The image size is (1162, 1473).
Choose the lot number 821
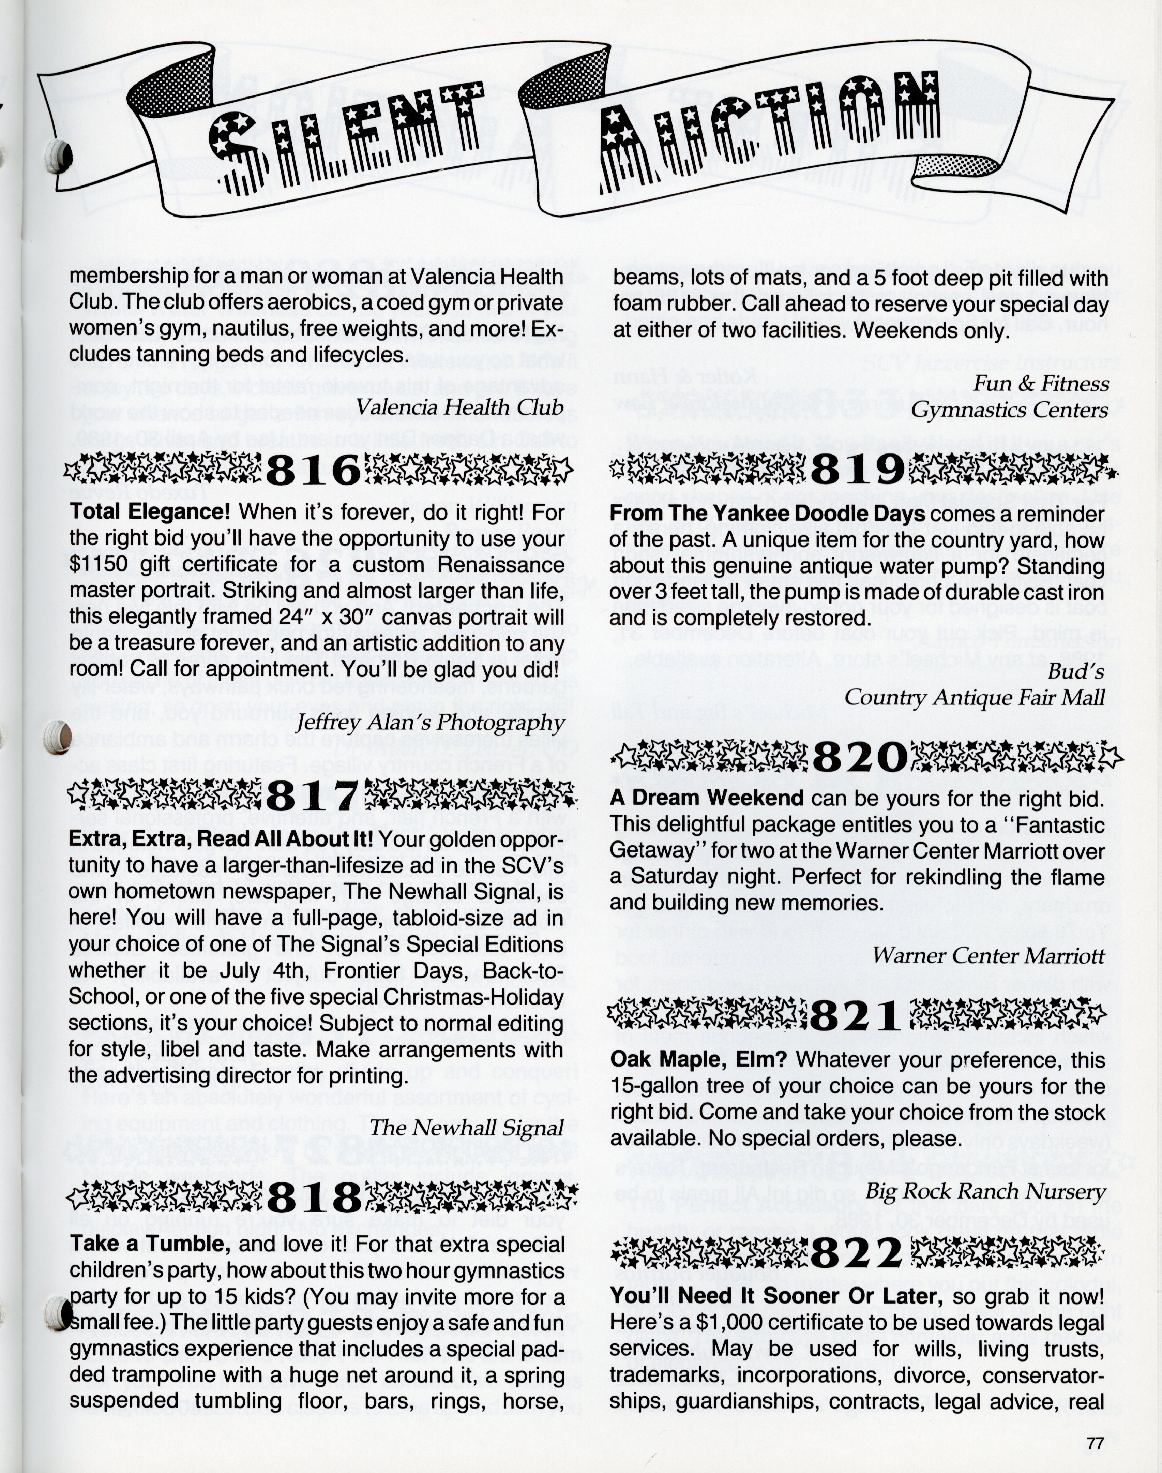click(x=855, y=1016)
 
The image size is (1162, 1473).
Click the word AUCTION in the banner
click(x=769, y=133)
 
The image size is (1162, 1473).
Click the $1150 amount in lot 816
click(x=96, y=565)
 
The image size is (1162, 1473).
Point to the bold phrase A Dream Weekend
click(x=707, y=798)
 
